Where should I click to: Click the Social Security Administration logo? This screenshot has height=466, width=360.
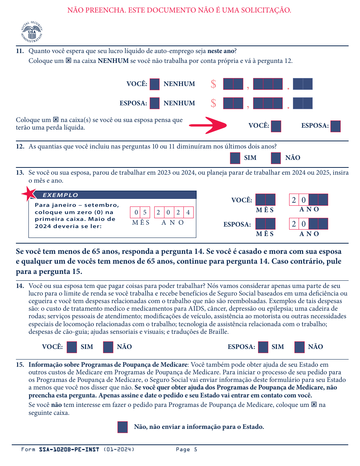(31, 32)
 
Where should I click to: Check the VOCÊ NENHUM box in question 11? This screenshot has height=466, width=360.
(155, 84)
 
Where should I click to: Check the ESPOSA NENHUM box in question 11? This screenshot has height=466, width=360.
(155, 103)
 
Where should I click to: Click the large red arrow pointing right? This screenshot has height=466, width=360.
(208, 125)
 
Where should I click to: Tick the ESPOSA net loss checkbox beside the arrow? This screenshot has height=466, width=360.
(335, 126)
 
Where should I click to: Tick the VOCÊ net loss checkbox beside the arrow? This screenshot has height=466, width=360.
(276, 126)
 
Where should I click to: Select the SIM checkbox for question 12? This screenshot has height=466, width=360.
(235, 158)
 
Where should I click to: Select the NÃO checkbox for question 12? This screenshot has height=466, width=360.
(276, 158)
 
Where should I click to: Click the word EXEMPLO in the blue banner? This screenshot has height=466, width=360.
(60, 195)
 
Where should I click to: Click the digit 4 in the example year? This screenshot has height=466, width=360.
(188, 213)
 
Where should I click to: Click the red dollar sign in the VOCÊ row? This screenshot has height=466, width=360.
(213, 84)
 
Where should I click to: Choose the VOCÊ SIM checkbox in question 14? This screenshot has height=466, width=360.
(72, 347)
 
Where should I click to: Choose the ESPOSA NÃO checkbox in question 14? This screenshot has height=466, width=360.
(299, 347)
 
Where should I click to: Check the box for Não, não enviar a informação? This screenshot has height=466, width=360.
(123, 427)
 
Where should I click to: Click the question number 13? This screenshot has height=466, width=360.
(20, 173)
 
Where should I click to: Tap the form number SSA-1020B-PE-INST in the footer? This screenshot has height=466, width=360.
(69, 450)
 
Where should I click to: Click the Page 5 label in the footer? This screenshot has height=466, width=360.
(186, 450)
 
